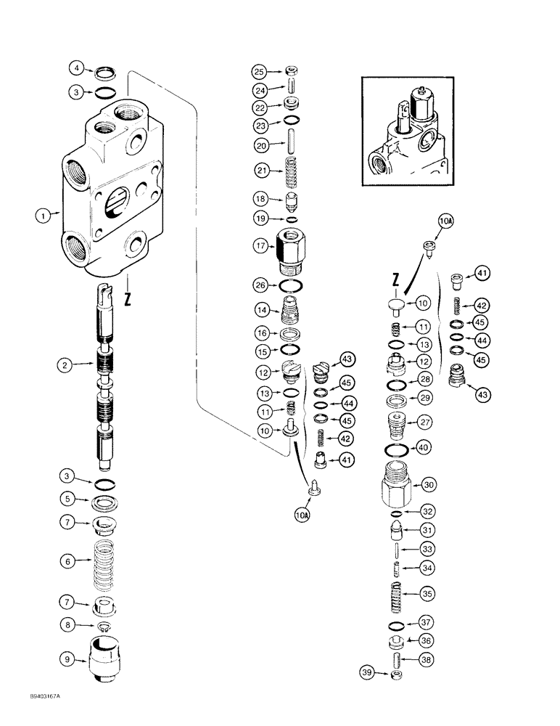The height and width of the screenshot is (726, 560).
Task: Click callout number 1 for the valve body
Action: coord(43,216)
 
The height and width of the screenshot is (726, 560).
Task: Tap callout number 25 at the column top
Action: coord(260,71)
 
